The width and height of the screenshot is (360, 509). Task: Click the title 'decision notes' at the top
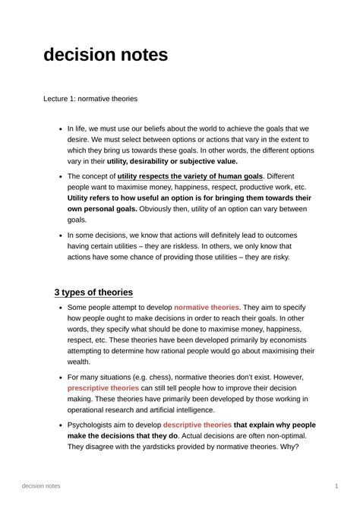[105, 55]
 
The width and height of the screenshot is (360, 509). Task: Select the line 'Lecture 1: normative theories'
[90, 99]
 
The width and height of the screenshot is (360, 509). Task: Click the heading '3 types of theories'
[93, 292]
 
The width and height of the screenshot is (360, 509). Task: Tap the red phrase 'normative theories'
[207, 307]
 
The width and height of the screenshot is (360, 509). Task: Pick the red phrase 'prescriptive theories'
[103, 388]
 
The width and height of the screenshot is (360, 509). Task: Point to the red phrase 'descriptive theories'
[197, 425]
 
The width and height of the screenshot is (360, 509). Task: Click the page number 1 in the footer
[336, 485]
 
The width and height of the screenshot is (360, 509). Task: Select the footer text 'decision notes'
[42, 485]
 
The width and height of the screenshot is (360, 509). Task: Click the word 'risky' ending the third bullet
[276, 257]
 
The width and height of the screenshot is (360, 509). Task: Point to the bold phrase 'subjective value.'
[205, 161]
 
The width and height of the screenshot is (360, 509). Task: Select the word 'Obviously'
[161, 208]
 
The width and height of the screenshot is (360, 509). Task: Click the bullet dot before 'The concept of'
[60, 176]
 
